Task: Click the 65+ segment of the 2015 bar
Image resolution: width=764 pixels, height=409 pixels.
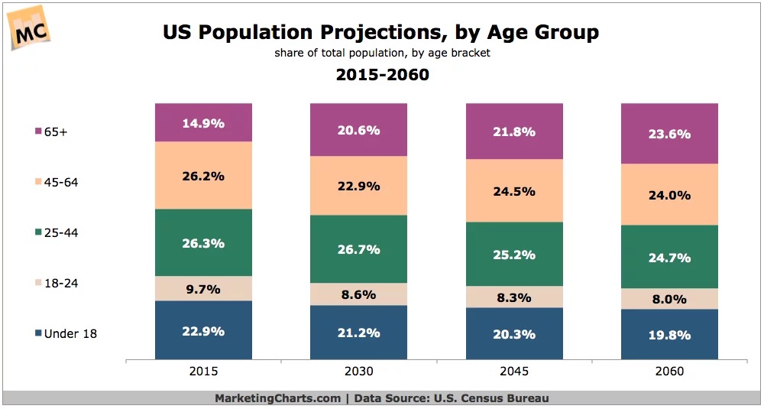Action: point(203,122)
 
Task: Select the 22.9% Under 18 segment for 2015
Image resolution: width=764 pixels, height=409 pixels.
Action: point(203,330)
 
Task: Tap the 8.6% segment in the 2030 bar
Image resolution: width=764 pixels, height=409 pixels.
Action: point(358,294)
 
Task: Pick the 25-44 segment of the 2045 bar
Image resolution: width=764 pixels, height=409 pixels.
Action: point(514,254)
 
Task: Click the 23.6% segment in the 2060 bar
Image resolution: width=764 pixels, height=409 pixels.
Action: point(669,134)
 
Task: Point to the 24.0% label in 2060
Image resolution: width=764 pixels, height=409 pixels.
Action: point(669,195)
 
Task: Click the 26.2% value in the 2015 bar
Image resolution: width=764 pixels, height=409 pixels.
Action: point(203,176)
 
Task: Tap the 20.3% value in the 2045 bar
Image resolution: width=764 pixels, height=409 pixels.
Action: point(514,334)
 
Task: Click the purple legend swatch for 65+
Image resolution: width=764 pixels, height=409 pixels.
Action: point(37,131)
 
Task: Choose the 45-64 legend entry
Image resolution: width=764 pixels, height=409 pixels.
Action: point(60,182)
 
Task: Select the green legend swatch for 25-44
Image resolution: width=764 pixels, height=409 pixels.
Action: point(37,232)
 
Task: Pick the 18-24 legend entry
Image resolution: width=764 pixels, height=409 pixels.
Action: point(60,283)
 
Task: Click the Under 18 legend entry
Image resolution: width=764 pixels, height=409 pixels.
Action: point(70,333)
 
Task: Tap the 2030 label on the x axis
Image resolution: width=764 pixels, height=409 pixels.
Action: point(358,372)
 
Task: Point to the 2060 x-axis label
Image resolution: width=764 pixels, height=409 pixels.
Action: point(669,372)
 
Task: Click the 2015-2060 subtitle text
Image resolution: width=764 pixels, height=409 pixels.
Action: point(382,75)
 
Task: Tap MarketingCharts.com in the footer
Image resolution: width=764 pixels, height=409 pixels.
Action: point(277,398)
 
